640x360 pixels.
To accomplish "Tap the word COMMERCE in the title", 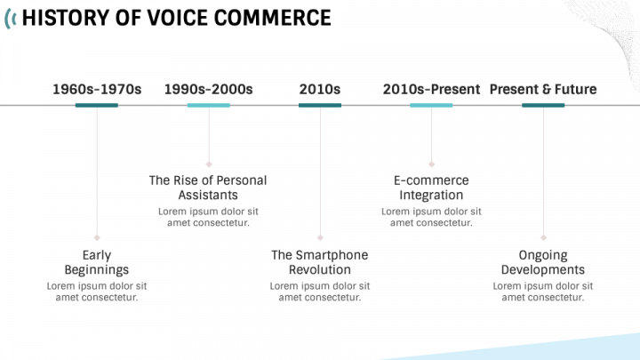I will click(271, 18).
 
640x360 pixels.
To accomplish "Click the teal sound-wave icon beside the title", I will click(9, 18).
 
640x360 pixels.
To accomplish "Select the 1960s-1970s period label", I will click(97, 89).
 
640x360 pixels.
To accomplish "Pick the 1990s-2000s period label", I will click(209, 89).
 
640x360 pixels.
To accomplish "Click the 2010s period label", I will click(320, 89).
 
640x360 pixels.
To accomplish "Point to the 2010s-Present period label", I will click(431, 89).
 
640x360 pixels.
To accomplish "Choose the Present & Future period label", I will click(543, 89).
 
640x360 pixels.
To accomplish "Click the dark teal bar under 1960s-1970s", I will click(97, 105).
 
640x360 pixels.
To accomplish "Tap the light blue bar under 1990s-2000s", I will click(209, 105).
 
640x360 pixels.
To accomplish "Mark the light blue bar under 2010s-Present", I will click(431, 105).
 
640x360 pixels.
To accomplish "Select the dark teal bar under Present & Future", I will click(543, 105).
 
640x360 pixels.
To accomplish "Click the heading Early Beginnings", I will click(97, 262).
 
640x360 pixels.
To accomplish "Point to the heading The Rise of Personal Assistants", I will click(208, 188).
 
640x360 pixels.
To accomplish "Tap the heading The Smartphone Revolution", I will click(320, 262).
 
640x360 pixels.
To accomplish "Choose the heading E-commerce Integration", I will click(431, 188).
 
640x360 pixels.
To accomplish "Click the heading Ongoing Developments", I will click(543, 262).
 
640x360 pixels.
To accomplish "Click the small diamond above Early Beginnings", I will click(97, 237).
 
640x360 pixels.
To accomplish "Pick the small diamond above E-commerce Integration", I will click(431, 164).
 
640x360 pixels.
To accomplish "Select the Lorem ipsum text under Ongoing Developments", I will click(543, 292).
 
